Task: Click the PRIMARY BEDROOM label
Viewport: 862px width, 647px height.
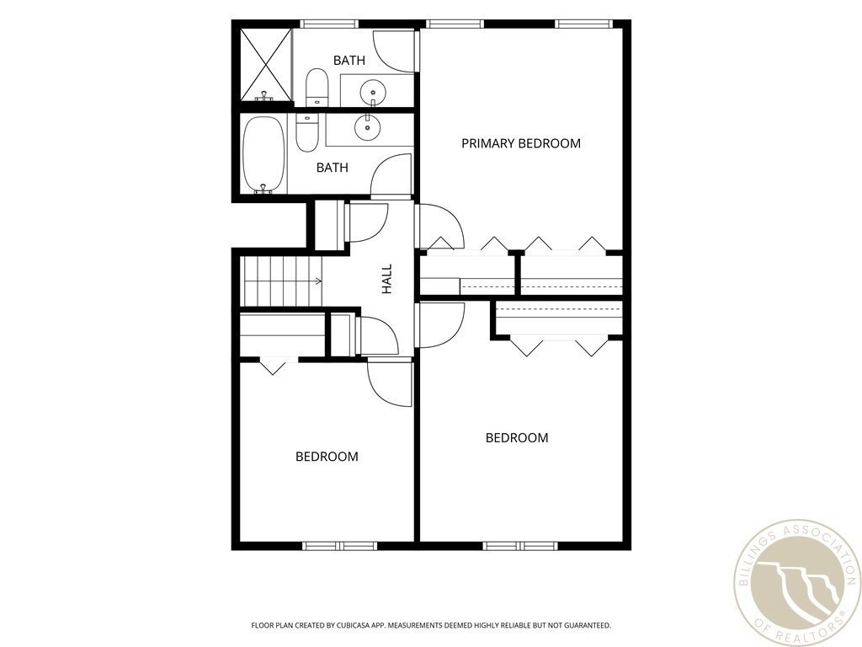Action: tap(520, 143)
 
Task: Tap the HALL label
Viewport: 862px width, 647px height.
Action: tap(387, 278)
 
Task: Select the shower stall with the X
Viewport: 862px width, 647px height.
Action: tap(266, 65)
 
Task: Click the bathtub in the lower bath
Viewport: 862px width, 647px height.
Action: tap(263, 155)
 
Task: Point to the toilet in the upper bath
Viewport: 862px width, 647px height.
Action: tap(317, 87)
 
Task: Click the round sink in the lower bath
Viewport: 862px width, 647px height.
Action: tap(367, 127)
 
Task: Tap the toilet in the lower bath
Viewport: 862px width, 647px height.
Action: tap(306, 132)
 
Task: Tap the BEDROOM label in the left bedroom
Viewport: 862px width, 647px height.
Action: tap(327, 457)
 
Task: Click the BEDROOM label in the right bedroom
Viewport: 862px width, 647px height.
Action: tap(517, 438)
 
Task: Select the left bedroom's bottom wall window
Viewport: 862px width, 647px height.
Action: tap(340, 546)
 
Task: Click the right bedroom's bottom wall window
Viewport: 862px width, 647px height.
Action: tap(520, 546)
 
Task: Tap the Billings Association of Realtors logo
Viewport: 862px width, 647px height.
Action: tap(798, 583)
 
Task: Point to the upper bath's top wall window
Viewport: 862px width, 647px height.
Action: tap(330, 24)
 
